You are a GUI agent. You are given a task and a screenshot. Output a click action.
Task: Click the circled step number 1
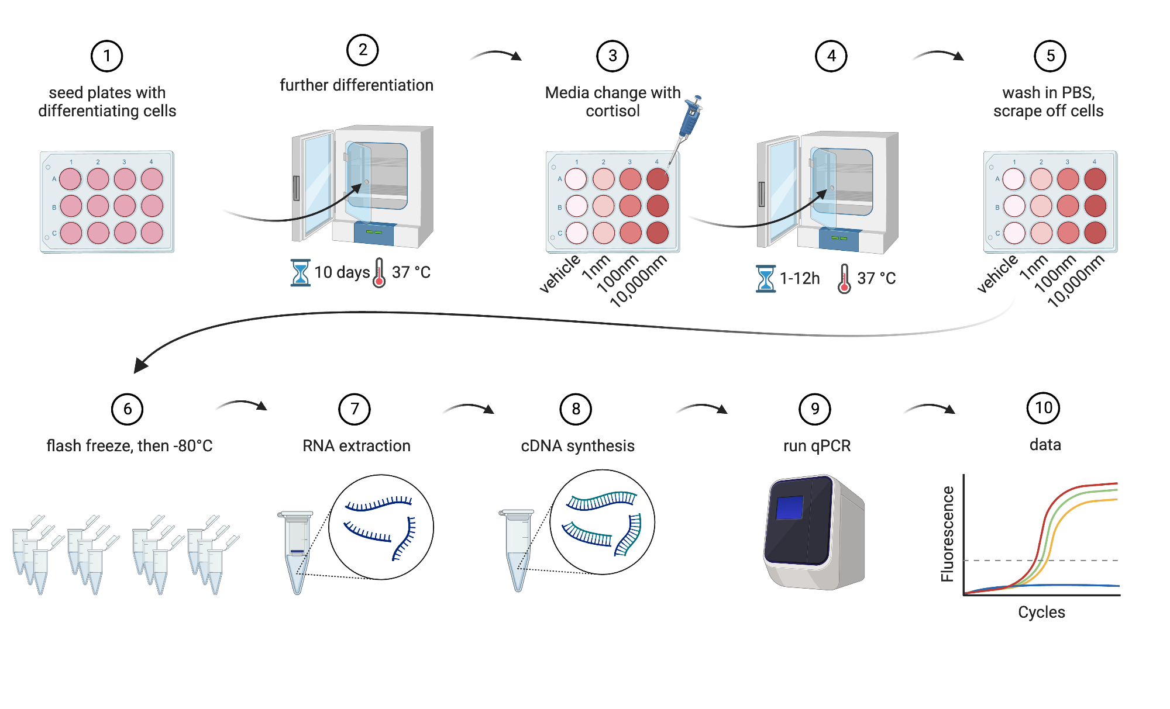[x=106, y=56]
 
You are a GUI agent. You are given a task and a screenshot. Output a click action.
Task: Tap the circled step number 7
[x=355, y=409]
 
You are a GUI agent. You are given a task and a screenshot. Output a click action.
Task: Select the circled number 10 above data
[x=1044, y=408]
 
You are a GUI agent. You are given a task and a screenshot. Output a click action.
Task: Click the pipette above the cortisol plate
[x=689, y=120]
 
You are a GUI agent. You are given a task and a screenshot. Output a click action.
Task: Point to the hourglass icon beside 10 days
[x=300, y=272]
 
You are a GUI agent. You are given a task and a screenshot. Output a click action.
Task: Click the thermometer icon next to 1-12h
[x=844, y=278]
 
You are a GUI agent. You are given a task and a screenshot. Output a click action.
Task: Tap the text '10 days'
[x=342, y=272]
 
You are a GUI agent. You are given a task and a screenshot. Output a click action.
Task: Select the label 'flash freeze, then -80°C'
[x=129, y=446]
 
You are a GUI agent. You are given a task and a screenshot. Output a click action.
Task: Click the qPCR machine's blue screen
[x=789, y=507]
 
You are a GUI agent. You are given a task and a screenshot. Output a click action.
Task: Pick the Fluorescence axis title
[x=947, y=534]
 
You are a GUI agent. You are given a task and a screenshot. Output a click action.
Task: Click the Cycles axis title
[x=1041, y=612]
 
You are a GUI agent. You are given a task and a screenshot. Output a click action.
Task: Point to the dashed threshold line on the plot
[x=994, y=561]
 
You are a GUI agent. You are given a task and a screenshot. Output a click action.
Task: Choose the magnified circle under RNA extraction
[x=381, y=527]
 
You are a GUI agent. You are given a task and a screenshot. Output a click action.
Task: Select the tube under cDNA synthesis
[x=518, y=549]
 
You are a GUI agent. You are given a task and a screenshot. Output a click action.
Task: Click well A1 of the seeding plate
[x=71, y=179]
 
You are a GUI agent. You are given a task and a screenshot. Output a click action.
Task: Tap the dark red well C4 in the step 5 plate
[x=1095, y=233]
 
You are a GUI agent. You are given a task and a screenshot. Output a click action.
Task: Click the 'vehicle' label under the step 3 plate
[x=559, y=273]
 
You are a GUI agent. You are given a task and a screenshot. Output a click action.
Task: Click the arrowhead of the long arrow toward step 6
[x=140, y=365]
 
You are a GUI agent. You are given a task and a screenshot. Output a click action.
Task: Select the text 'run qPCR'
[x=817, y=446]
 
